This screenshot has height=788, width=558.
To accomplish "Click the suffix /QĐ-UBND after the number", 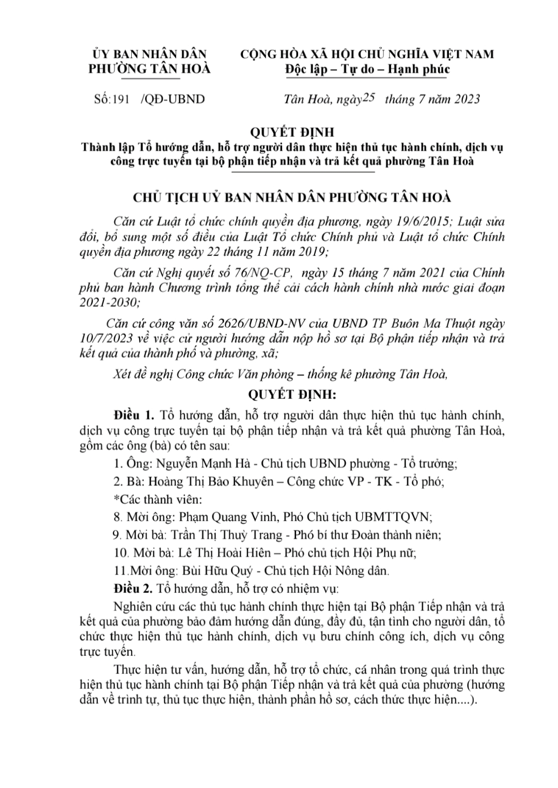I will point(173,99).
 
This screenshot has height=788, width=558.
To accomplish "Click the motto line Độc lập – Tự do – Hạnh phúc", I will point(367,69).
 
